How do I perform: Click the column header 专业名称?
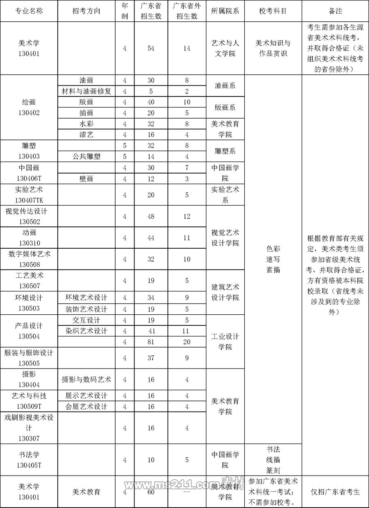click(29, 11)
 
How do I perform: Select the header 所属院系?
click(225, 11)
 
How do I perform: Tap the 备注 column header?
click(335, 11)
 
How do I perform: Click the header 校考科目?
click(273, 11)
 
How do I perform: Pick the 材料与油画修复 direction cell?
click(87, 91)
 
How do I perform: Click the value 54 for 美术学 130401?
click(151, 48)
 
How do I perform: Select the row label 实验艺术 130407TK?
click(29, 195)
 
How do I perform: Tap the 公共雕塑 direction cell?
click(87, 156)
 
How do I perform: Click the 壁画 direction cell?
click(87, 178)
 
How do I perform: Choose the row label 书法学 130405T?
click(29, 460)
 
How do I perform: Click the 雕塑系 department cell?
click(225, 151)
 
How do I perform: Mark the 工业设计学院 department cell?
click(225, 341)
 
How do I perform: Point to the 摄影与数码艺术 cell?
click(87, 380)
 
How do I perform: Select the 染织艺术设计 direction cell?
click(87, 331)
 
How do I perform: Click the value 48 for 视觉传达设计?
click(151, 216)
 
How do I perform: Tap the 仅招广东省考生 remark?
click(335, 492)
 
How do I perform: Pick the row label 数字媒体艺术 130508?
click(29, 259)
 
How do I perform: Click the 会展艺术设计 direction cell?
click(87, 406)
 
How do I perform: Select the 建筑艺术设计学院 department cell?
click(225, 292)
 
